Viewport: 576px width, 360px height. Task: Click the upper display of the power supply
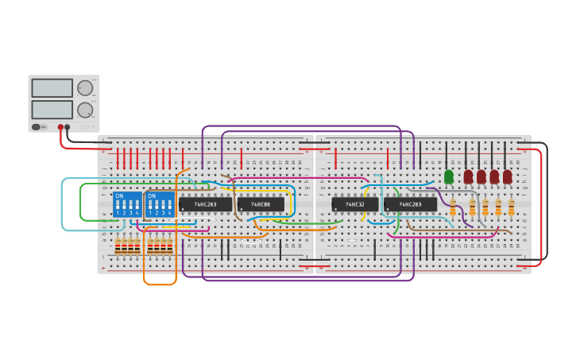click(x=52, y=88)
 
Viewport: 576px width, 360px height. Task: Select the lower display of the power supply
click(x=52, y=109)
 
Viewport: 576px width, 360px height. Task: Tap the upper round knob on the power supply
click(x=84, y=88)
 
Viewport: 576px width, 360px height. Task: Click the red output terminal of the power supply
click(x=60, y=127)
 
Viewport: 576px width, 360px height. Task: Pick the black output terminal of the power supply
click(x=68, y=127)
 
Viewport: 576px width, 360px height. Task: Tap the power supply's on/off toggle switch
click(x=37, y=127)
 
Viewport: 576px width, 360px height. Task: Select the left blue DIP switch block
click(x=127, y=205)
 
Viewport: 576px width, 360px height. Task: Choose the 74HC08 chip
click(x=261, y=204)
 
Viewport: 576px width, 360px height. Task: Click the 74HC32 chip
click(x=354, y=204)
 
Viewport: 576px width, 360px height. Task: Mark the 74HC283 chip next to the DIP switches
click(x=205, y=204)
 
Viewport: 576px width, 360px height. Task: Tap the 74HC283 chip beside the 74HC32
click(x=410, y=204)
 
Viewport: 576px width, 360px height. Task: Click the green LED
click(x=449, y=176)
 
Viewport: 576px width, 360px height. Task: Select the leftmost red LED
click(x=468, y=176)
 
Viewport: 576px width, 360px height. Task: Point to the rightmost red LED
click(x=508, y=176)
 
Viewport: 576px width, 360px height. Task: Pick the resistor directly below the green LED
click(x=453, y=208)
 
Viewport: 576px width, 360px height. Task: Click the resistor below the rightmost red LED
click(x=512, y=208)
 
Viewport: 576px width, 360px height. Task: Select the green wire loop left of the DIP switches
click(x=81, y=203)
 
